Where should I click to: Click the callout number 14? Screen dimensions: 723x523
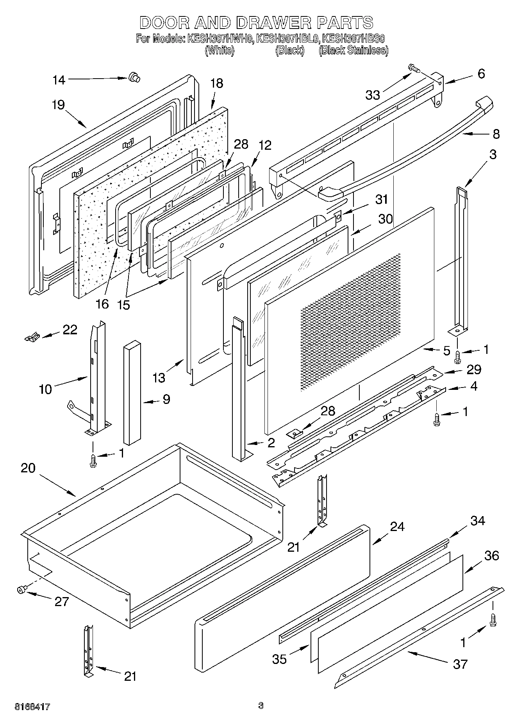(59, 80)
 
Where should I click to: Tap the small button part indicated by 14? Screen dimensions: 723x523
(134, 78)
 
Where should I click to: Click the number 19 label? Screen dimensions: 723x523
(58, 105)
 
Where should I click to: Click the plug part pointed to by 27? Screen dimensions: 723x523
(22, 589)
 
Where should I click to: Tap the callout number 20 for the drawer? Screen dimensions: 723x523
(28, 468)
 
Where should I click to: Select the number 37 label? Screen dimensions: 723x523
(460, 664)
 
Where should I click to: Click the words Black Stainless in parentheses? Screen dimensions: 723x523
(353, 50)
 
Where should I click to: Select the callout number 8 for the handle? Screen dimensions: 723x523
(496, 134)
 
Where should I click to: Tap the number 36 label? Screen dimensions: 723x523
(491, 556)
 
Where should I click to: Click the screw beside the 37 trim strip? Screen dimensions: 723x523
(493, 621)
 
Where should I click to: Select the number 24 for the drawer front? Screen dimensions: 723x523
(397, 527)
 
